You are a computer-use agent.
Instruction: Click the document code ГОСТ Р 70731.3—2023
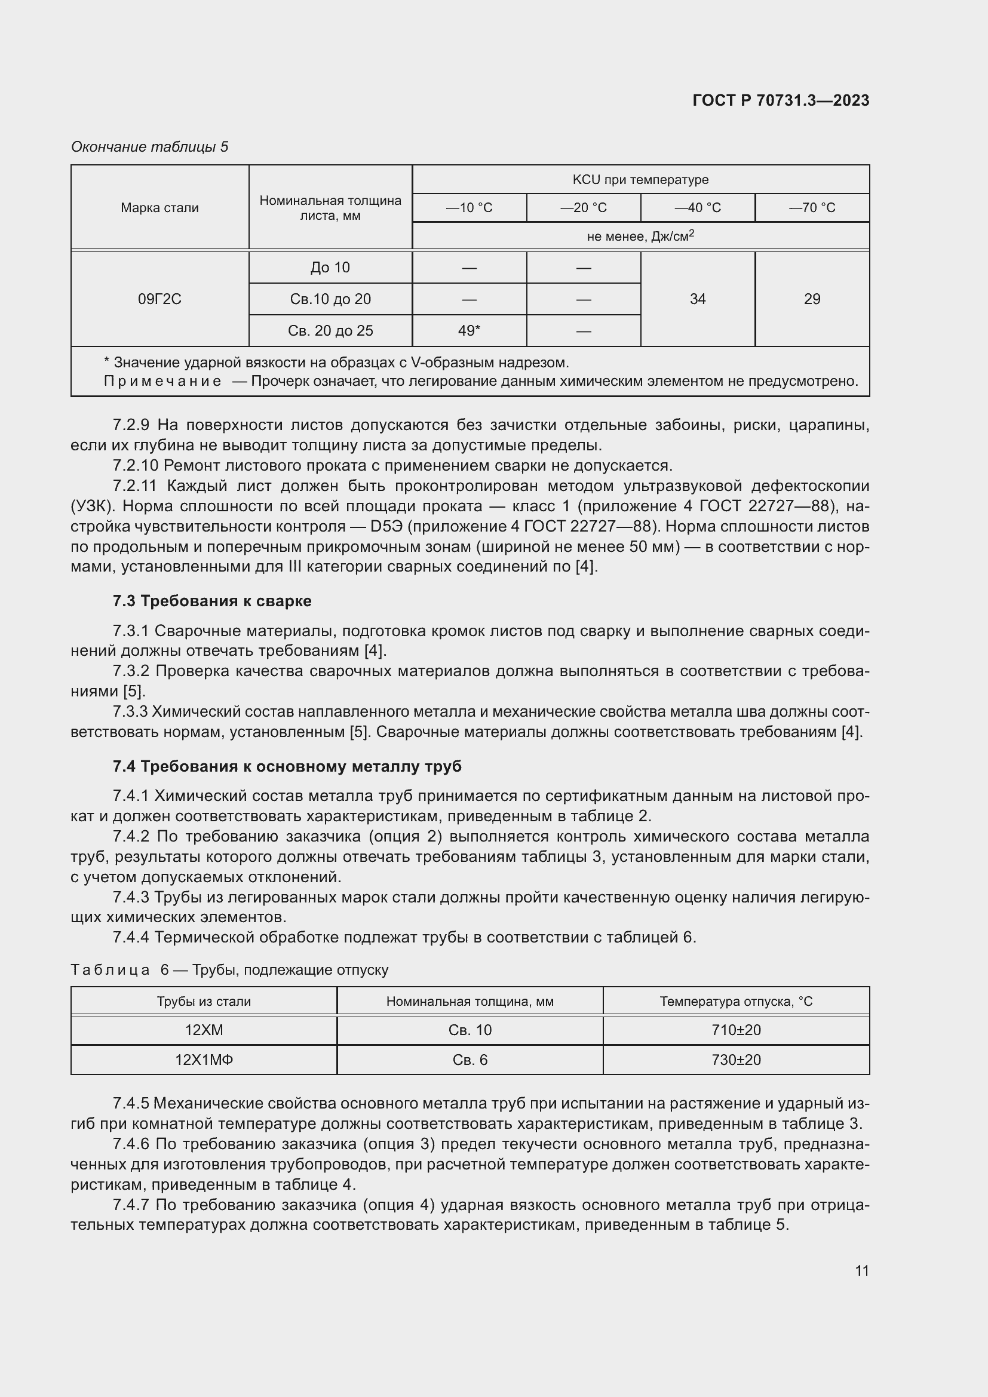pyautogui.click(x=781, y=100)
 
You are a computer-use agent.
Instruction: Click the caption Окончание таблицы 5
pyautogui.click(x=150, y=147)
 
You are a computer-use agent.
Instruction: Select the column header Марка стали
pyautogui.click(x=159, y=207)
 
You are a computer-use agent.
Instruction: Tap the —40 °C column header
pyautogui.click(x=697, y=207)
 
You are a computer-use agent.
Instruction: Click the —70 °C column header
pyautogui.click(x=812, y=207)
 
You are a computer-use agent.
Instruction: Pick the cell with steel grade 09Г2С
pyautogui.click(x=159, y=299)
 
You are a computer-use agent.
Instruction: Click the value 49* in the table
pyautogui.click(x=469, y=330)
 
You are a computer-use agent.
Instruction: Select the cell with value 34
pyautogui.click(x=697, y=299)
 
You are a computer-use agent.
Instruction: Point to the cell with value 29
pyautogui.click(x=812, y=299)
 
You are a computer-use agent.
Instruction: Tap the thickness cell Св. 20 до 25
pyautogui.click(x=330, y=330)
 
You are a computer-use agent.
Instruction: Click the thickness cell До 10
pyautogui.click(x=330, y=267)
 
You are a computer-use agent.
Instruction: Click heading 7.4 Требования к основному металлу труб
pyautogui.click(x=287, y=766)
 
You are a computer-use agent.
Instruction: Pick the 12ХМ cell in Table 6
pyautogui.click(x=204, y=1030)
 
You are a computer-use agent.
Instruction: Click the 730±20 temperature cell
pyautogui.click(x=735, y=1060)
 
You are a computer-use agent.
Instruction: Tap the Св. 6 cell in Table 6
pyautogui.click(x=470, y=1060)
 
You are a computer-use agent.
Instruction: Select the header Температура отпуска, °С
pyautogui.click(x=735, y=1001)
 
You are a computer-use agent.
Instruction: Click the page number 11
pyautogui.click(x=861, y=1270)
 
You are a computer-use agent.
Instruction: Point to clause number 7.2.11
pyautogui.click(x=134, y=486)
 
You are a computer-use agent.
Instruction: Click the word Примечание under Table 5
pyautogui.click(x=162, y=382)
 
